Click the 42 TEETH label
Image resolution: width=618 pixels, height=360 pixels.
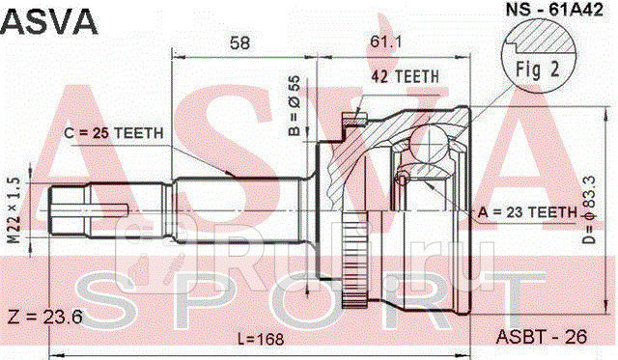tap(406, 76)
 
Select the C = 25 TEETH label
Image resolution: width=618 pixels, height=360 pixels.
tap(114, 134)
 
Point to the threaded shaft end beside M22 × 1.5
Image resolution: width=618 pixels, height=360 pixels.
tap(68, 207)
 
